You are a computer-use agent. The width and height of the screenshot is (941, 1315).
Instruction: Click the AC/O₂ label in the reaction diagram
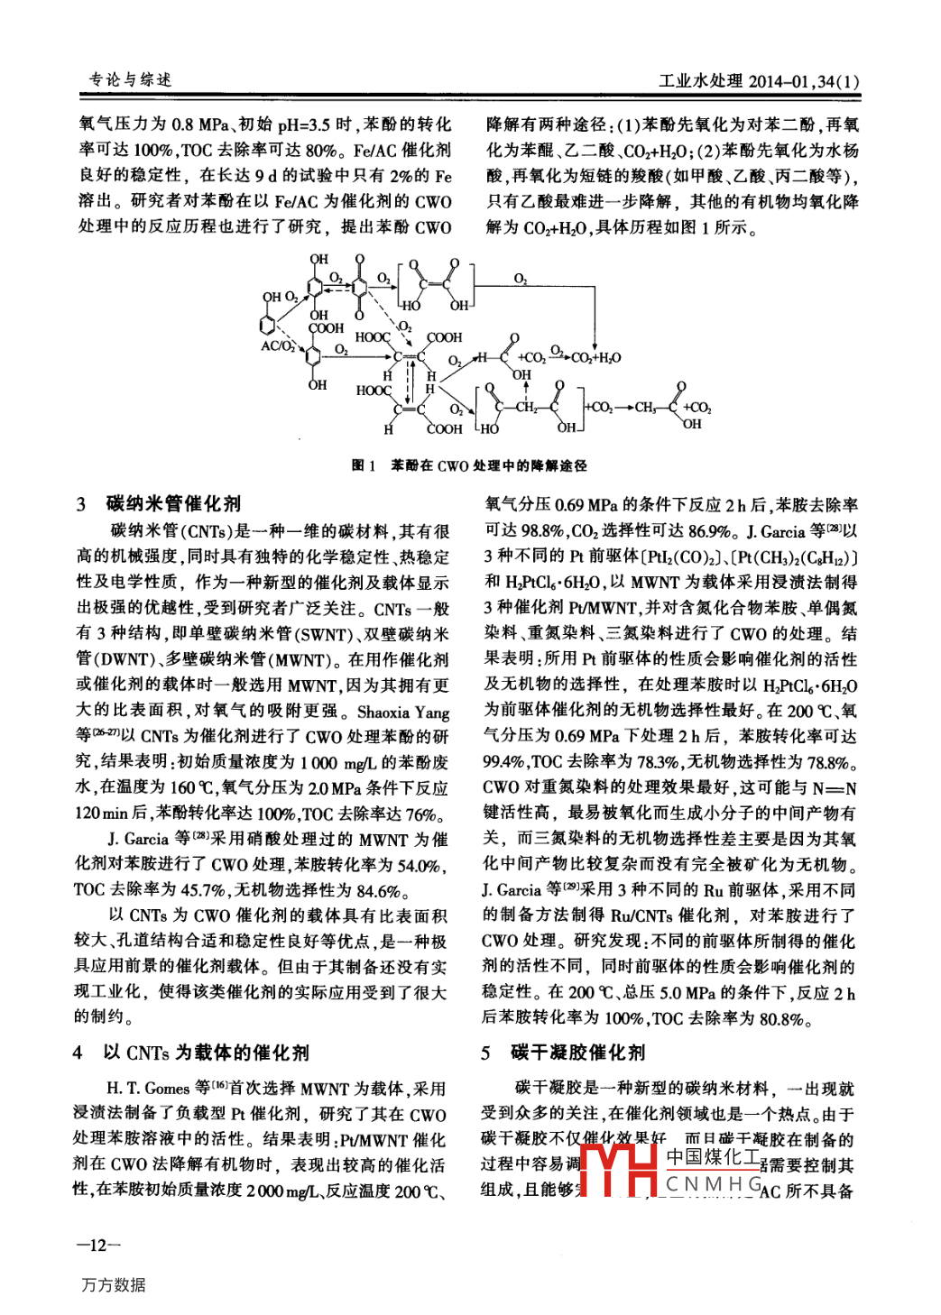(x=277, y=345)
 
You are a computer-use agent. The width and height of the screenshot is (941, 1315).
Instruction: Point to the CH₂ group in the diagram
(x=526, y=407)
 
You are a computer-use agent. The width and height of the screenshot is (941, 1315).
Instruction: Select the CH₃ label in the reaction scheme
(x=645, y=408)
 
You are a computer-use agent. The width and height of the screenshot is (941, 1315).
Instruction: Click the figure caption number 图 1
(x=363, y=465)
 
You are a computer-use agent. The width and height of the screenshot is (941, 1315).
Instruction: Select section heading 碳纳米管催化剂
(x=173, y=503)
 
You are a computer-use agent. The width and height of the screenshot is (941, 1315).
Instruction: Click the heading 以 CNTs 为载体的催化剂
(x=206, y=1052)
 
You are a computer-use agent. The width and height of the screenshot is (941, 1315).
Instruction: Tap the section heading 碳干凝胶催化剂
(x=577, y=1052)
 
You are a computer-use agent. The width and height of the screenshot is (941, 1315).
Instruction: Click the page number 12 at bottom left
(x=98, y=1246)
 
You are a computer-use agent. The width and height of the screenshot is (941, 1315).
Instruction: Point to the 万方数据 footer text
(x=114, y=1284)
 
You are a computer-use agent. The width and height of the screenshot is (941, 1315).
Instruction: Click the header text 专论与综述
(x=130, y=80)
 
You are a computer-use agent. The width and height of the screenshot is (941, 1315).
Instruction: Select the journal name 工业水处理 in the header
(x=700, y=81)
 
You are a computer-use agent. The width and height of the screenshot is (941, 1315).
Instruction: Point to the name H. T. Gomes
(x=148, y=1088)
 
